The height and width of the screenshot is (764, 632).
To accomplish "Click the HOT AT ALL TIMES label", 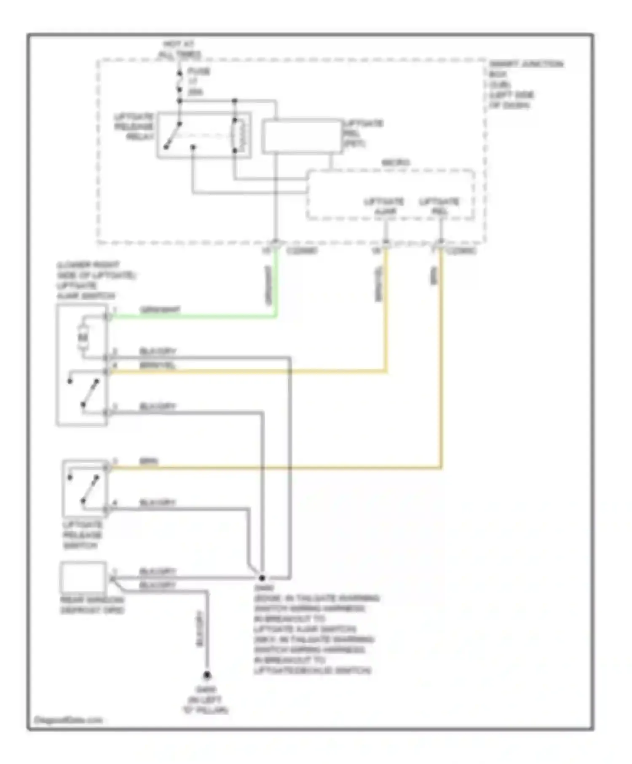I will click(179, 49).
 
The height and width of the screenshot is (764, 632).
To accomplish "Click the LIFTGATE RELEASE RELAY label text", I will click(134, 126).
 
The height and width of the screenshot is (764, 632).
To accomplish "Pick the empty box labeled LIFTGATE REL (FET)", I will click(301, 136).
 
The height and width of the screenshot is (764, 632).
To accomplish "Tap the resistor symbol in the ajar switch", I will click(83, 337).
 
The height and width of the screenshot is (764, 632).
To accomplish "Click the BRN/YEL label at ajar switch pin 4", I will click(157, 365).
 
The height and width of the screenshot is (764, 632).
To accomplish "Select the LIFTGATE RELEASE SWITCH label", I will click(83, 535).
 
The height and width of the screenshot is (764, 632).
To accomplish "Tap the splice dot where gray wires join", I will click(262, 578).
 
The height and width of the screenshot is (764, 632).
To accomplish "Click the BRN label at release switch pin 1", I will click(148, 462).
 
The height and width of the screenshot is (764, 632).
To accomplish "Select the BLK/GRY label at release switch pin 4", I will click(157, 502).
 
